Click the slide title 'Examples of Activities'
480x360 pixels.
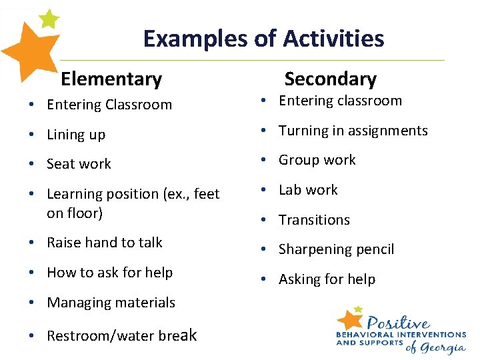click(x=263, y=39)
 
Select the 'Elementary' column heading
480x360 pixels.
click(x=111, y=79)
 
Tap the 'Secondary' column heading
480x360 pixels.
click(x=330, y=79)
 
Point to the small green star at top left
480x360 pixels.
click(x=49, y=19)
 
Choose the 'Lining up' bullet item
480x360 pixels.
click(x=76, y=135)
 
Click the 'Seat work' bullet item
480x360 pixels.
click(x=79, y=164)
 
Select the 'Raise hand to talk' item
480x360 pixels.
click(x=105, y=243)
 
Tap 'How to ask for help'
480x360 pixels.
click(x=109, y=273)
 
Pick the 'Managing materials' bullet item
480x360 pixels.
click(x=111, y=303)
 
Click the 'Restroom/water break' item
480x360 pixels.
click(x=121, y=335)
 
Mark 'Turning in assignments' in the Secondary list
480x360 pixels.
click(x=353, y=131)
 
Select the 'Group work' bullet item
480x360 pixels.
click(x=317, y=160)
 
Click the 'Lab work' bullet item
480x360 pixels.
click(x=308, y=190)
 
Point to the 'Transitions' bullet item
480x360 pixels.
click(x=314, y=220)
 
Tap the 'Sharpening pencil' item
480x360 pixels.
click(x=336, y=249)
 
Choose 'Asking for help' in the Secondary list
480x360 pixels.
click(x=327, y=279)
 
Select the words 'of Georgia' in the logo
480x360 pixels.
click(x=436, y=347)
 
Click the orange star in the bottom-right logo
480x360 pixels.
click(x=349, y=319)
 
